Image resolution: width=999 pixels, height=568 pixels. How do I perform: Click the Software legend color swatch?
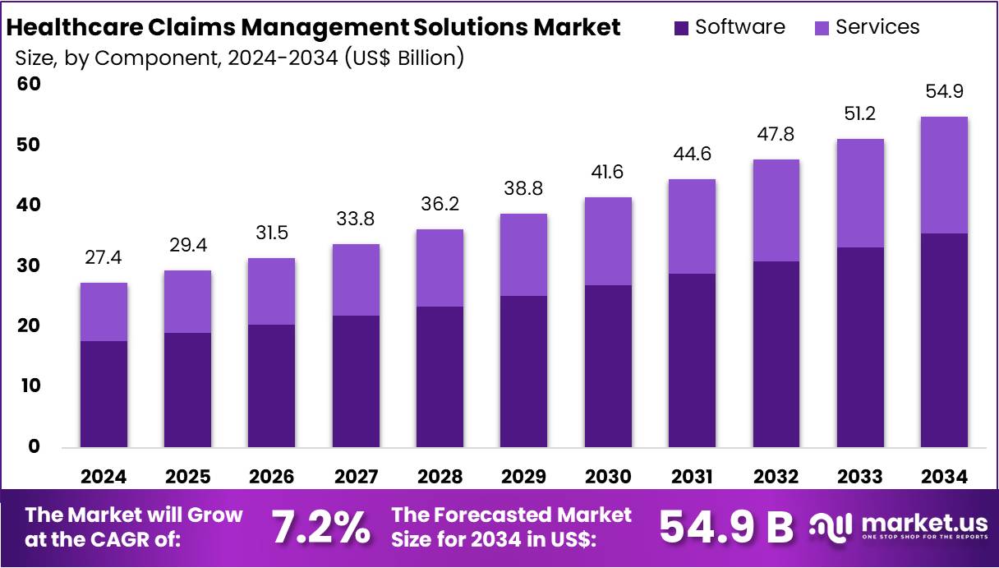pos(681,28)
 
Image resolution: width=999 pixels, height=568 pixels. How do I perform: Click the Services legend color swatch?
pos(822,28)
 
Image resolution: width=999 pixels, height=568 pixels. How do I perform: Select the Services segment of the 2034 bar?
pos(944,175)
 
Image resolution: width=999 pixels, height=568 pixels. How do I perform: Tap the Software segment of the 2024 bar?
pos(104,394)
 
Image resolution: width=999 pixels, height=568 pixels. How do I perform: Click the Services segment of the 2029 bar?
pos(523,255)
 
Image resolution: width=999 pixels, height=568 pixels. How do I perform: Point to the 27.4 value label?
pos(104,258)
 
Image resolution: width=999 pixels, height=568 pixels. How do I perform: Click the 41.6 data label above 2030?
pos(608,173)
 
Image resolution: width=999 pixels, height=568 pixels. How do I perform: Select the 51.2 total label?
pos(859,114)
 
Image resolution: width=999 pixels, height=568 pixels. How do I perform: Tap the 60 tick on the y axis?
pos(30,84)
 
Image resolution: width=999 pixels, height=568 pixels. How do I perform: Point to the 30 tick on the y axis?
pos(30,266)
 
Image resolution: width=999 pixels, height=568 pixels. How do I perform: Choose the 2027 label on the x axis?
pos(356,477)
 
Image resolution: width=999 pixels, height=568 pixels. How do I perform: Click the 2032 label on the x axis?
pos(776,477)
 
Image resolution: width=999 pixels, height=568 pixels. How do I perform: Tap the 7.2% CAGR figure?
pos(320,528)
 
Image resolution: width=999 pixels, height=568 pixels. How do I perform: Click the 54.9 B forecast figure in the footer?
pos(726,528)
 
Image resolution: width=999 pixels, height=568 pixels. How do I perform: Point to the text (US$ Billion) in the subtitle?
pos(403,58)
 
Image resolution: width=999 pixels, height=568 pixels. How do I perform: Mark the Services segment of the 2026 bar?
pos(271,292)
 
